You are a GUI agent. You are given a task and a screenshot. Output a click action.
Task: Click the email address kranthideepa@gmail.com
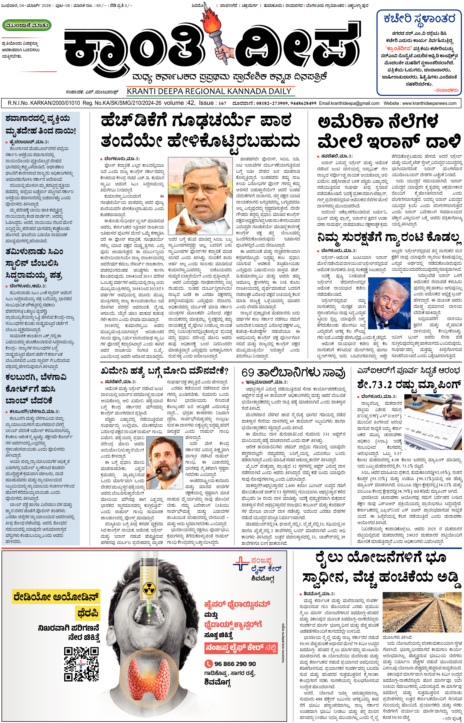349,103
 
